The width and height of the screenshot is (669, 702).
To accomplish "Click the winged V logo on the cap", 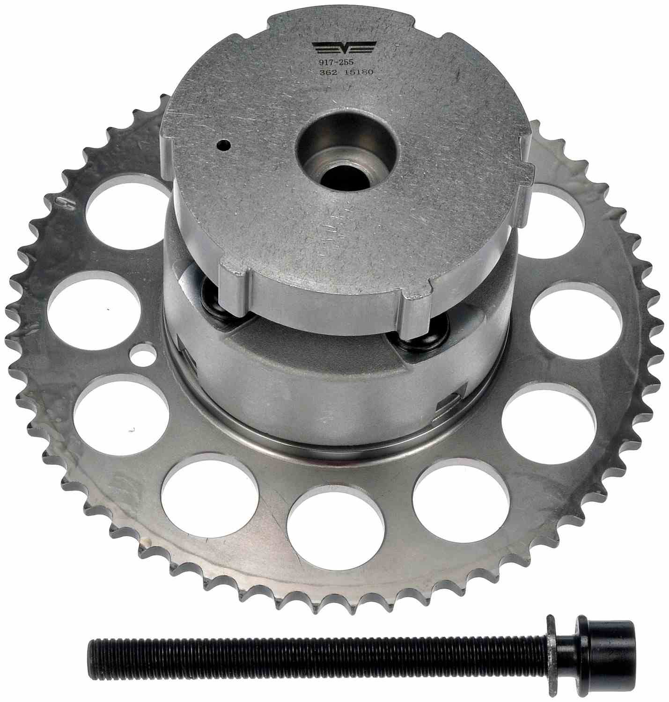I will coord(345,47).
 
